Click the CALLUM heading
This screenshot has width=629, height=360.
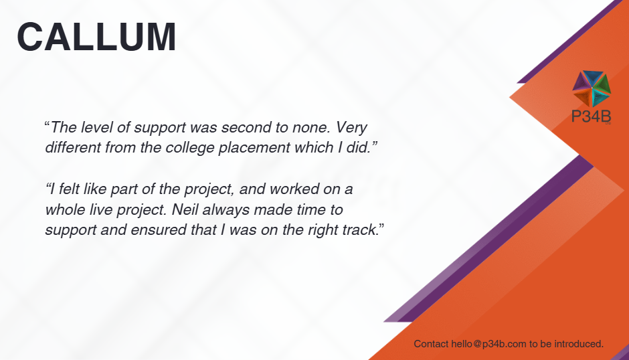(x=96, y=37)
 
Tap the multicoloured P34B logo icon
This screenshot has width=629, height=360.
(x=592, y=88)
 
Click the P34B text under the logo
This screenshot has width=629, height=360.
(x=591, y=116)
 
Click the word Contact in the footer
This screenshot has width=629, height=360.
(x=431, y=344)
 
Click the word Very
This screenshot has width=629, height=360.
(x=351, y=128)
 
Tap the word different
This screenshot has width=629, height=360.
(x=73, y=147)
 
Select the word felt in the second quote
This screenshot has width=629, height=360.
(x=70, y=189)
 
